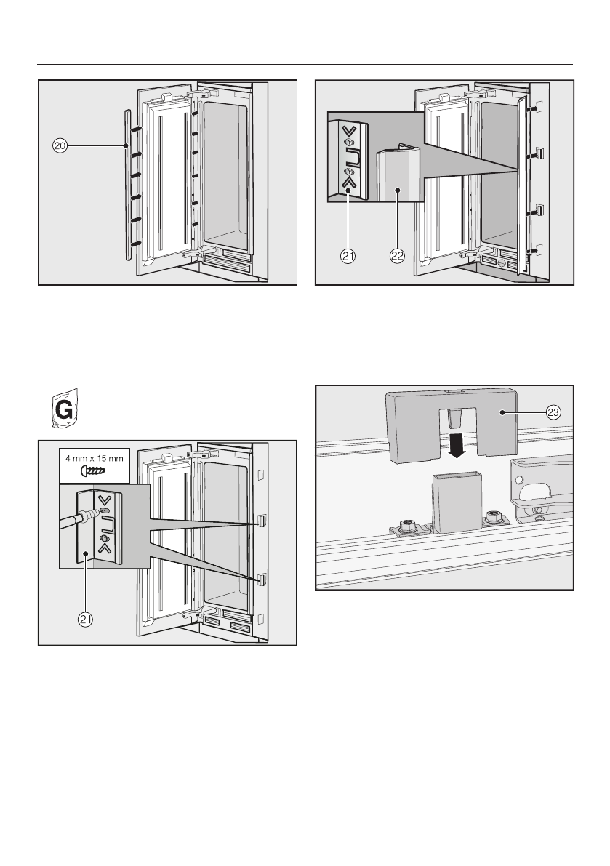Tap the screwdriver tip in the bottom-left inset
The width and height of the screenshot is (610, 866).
[x=92, y=512]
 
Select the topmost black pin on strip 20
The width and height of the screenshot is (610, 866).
[x=136, y=129]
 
